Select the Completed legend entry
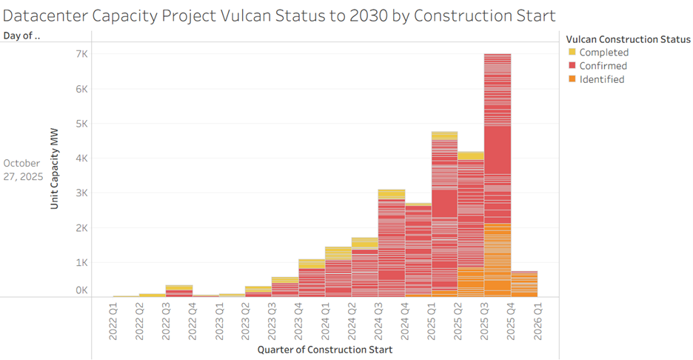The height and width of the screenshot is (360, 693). coord(603,53)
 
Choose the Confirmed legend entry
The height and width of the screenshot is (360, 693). coord(603,66)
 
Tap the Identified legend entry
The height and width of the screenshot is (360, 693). coord(601,79)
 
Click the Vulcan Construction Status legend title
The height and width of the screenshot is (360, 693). coord(628,39)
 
